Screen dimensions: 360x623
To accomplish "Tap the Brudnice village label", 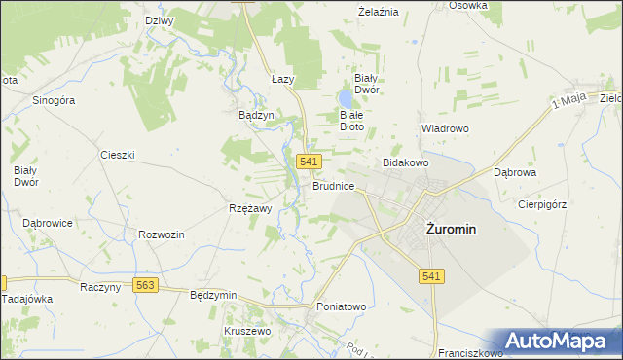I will (x=333, y=185).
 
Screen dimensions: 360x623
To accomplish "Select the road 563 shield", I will (x=146, y=285).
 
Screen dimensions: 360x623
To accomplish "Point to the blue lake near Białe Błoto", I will (x=346, y=99).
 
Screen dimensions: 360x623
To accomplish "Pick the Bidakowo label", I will (x=406, y=162).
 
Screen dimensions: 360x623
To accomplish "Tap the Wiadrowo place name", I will (x=445, y=128).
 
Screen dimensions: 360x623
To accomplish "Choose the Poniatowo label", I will (x=341, y=306).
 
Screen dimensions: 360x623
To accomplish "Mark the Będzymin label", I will (x=214, y=294).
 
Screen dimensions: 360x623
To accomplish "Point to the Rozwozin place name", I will (x=162, y=234).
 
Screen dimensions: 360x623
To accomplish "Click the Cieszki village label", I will (x=117, y=155).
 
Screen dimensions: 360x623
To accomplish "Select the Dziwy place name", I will (x=158, y=20).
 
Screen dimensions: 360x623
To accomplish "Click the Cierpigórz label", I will (x=542, y=204).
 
